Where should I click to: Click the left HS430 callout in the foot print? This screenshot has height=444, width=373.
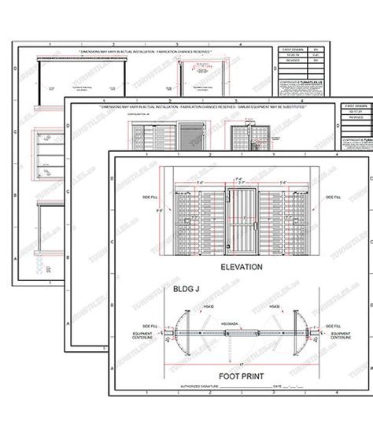(x=187, y=306)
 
